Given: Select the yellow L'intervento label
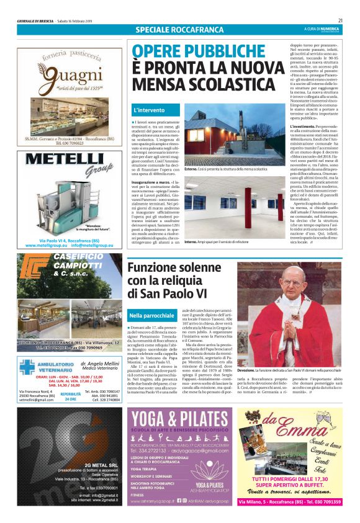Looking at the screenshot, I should click(x=149, y=110).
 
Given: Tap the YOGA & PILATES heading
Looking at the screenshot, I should click(x=181, y=419).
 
